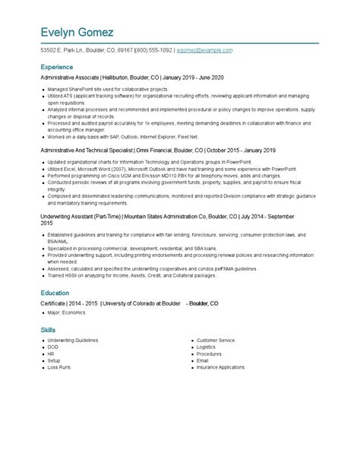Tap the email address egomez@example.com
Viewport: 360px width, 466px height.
tap(204, 50)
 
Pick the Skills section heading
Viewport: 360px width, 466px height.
tap(48, 330)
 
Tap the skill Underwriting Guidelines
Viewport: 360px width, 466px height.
tap(73, 341)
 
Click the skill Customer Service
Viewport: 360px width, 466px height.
tap(216, 341)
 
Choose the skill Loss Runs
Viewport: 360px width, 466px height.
tap(59, 367)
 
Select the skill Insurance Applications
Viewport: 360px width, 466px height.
tap(221, 367)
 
